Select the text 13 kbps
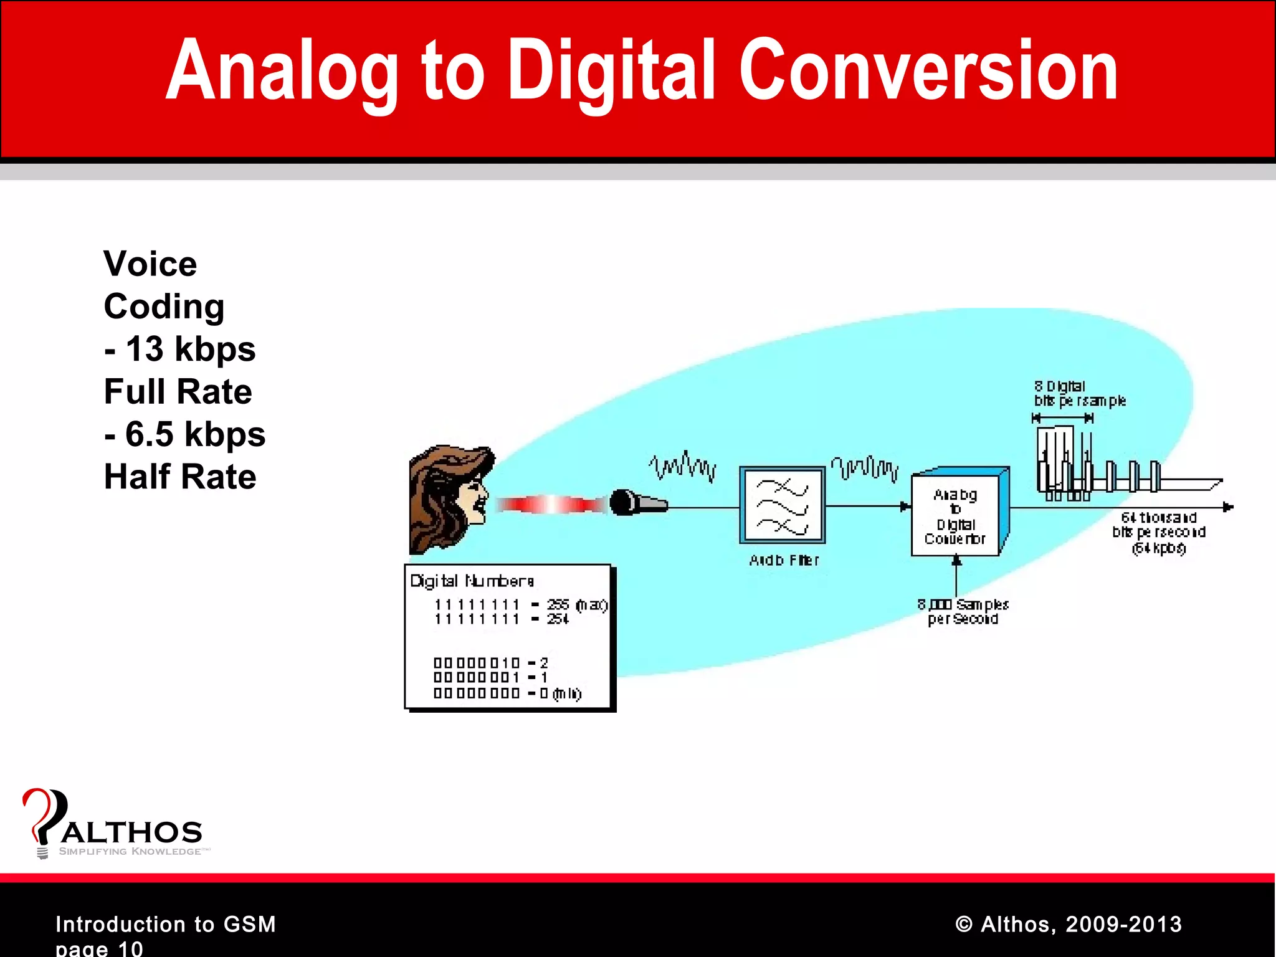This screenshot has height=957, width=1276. click(x=190, y=349)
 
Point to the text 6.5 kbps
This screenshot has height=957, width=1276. click(x=195, y=434)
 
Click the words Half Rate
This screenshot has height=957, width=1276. click(x=180, y=477)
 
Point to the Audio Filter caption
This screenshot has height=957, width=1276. click(x=784, y=561)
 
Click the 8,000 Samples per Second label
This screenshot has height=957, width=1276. click(x=963, y=611)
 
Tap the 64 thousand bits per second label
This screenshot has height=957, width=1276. click(x=1159, y=532)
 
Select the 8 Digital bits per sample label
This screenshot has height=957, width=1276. click(x=1079, y=394)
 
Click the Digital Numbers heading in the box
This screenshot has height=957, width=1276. click(x=472, y=581)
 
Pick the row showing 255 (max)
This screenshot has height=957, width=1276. click(x=520, y=604)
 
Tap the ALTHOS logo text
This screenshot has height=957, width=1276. click(x=131, y=832)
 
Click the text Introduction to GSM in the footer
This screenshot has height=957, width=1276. click(x=166, y=924)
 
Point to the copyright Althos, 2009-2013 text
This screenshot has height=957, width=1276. click(x=1069, y=924)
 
